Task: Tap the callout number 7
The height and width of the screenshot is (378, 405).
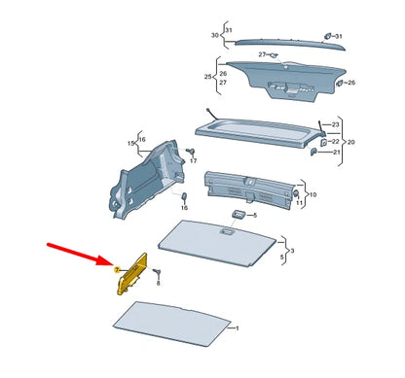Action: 116,269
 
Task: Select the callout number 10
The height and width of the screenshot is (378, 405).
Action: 313,194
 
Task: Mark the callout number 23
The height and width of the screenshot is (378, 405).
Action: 336,124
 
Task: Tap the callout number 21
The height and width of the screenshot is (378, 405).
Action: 336,152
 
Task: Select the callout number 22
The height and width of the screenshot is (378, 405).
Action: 336,140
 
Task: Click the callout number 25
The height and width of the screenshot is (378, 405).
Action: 207,75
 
